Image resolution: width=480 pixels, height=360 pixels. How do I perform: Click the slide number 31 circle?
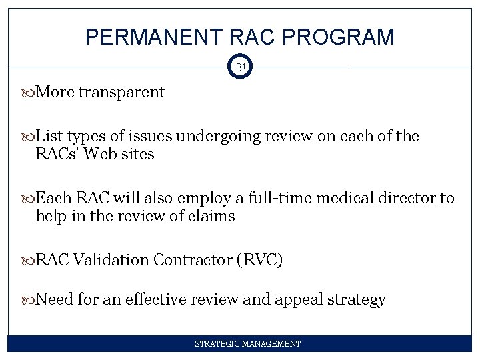240,67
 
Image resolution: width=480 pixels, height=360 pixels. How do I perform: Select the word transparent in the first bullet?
121,92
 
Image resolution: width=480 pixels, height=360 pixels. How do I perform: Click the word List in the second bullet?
48,137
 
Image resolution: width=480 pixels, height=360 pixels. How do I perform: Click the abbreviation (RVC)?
259,260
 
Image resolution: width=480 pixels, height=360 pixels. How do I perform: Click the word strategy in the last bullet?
357,300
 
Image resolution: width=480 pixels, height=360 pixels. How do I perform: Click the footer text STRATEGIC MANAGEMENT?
247,344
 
